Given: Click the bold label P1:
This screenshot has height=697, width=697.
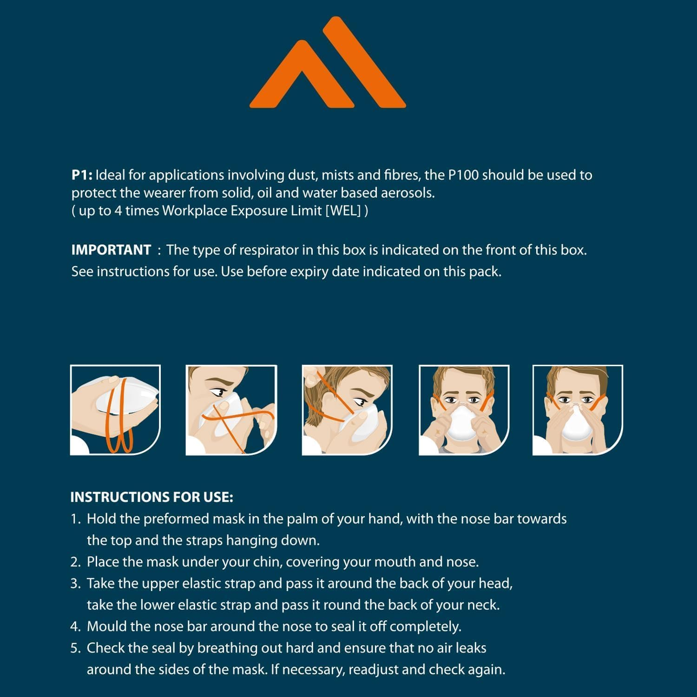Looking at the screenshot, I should (82, 175).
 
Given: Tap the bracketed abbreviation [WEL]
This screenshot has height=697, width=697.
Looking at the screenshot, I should (343, 210).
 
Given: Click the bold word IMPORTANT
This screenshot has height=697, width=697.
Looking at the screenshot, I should (111, 250).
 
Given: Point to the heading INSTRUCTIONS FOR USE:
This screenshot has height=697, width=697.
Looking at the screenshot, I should (151, 497).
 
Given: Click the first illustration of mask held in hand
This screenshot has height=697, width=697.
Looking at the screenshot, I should (115, 410).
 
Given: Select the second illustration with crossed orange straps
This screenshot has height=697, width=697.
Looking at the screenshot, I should (231, 410).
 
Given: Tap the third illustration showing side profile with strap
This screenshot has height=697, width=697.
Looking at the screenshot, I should (347, 410).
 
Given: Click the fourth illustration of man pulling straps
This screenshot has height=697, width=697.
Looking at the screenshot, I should (464, 410).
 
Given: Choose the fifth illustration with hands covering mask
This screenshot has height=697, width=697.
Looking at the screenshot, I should (577, 410).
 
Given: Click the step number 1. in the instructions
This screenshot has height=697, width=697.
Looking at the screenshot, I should (76, 519).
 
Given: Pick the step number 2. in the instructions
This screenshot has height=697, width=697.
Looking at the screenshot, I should (76, 562).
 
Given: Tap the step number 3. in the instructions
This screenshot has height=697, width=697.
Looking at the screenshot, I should (76, 584).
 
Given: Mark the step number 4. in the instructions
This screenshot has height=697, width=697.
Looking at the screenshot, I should (76, 626).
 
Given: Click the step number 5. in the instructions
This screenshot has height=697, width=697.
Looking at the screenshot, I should (76, 648).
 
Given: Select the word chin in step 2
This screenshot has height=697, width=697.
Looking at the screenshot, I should (267, 562).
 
